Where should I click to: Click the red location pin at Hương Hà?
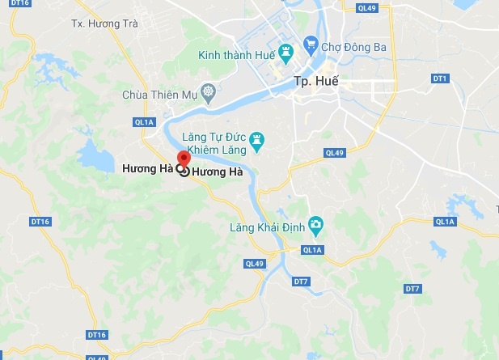click(184, 159)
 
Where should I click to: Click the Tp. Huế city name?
click(315, 83)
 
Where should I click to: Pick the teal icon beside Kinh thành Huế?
click(285, 54)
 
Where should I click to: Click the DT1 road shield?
click(440, 78)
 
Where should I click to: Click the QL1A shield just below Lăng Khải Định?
click(312, 251)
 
